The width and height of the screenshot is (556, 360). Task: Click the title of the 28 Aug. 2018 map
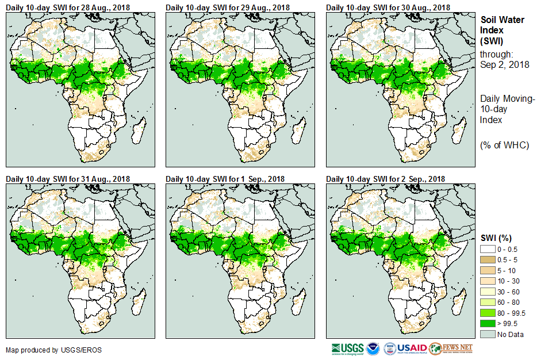[x=68, y=7]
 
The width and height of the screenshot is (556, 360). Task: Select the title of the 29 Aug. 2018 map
[x=228, y=7]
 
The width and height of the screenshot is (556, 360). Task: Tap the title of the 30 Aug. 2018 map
[x=388, y=7]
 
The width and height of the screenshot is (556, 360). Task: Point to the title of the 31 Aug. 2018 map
[x=68, y=178]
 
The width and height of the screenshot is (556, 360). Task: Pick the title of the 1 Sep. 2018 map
[x=225, y=178]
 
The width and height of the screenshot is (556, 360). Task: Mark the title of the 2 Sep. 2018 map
[x=386, y=178]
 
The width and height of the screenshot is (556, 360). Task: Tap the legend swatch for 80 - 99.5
[x=488, y=313]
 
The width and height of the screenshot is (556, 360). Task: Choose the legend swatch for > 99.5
[x=488, y=324]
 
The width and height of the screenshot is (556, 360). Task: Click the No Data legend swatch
[x=488, y=334]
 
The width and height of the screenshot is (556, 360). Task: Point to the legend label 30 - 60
[x=508, y=291]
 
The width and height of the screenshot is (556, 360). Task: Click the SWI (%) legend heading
[x=496, y=238]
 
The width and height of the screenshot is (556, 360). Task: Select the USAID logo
[x=412, y=348]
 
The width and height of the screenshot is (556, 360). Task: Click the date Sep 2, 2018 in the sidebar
[x=504, y=64]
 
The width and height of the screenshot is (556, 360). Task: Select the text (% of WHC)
[x=504, y=145]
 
